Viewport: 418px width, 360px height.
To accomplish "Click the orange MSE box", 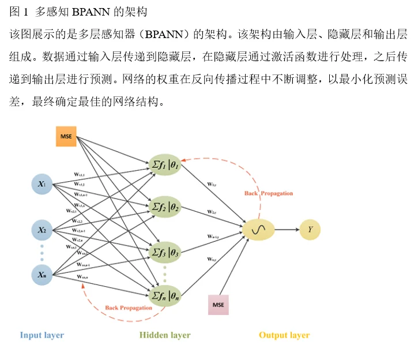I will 66,136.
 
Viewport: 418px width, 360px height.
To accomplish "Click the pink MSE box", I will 218,304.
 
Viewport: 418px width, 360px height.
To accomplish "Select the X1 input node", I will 42,185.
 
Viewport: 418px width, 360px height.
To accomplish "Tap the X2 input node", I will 42,230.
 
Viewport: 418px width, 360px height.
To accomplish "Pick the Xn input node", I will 42,275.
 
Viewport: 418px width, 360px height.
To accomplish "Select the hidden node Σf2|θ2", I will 165,206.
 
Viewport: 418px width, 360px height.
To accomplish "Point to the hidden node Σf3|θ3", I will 165,252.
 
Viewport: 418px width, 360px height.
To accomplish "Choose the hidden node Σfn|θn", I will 165,297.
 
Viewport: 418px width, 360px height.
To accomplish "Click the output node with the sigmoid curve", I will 257,230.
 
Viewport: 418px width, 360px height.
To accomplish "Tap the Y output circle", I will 310,230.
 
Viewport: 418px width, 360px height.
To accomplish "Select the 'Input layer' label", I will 42,335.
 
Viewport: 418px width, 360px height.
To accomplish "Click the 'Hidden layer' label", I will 165,335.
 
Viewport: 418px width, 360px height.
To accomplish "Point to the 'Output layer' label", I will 284,335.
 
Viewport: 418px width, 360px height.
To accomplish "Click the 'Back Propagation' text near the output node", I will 269,193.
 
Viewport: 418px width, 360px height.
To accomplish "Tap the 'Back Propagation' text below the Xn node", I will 129,308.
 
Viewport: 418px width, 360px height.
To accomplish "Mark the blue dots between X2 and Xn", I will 42,252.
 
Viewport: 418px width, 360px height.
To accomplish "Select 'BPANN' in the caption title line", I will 91,11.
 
